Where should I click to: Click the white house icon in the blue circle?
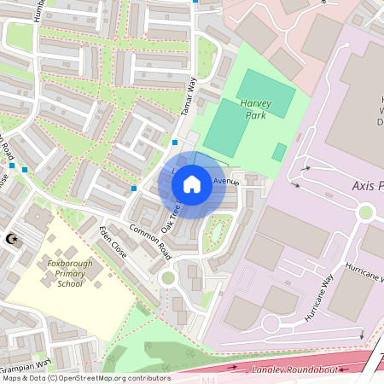tap(192, 183)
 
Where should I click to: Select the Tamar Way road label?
tap(190, 92)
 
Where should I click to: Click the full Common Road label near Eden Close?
tap(150, 242)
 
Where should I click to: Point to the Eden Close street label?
tap(113, 242)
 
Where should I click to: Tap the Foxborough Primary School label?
tap(76, 274)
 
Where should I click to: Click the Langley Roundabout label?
tap(294, 369)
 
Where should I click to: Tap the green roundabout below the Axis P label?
tap(367, 212)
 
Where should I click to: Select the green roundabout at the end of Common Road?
tap(167, 278)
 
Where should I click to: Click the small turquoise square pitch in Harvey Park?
tap(280, 152)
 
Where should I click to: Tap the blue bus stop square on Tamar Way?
tap(175, 143)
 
